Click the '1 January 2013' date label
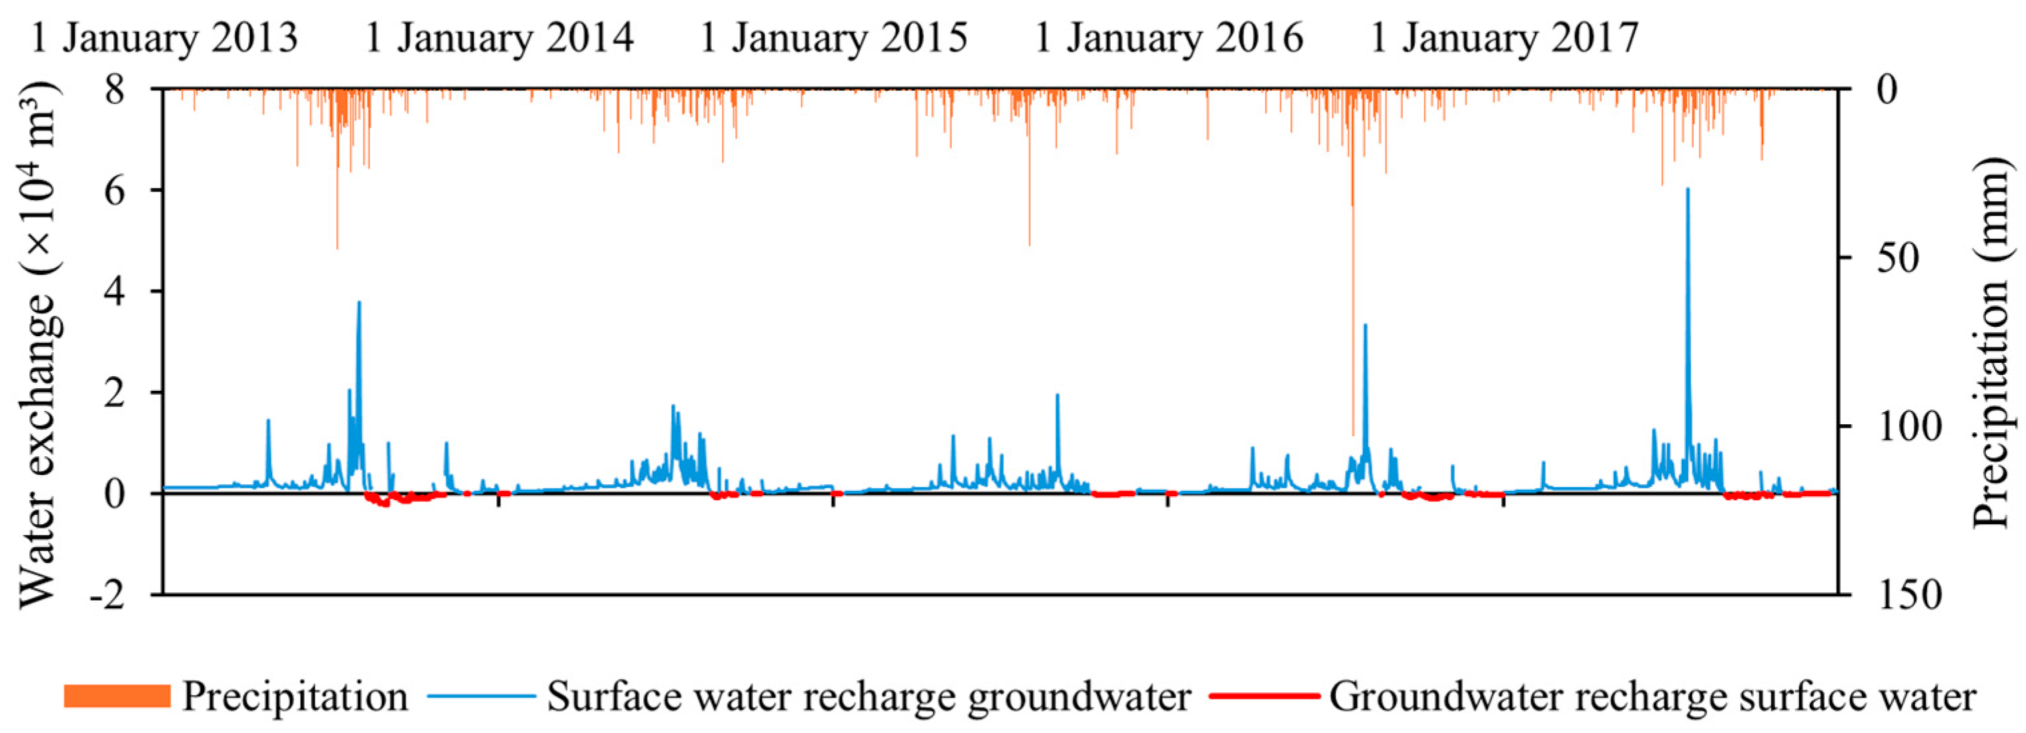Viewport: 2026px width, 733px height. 163,38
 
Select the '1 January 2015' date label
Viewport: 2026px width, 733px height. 833,38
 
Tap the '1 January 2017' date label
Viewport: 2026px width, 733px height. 1504,38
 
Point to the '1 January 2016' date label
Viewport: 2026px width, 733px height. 1168,38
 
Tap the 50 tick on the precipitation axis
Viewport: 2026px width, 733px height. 1897,258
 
